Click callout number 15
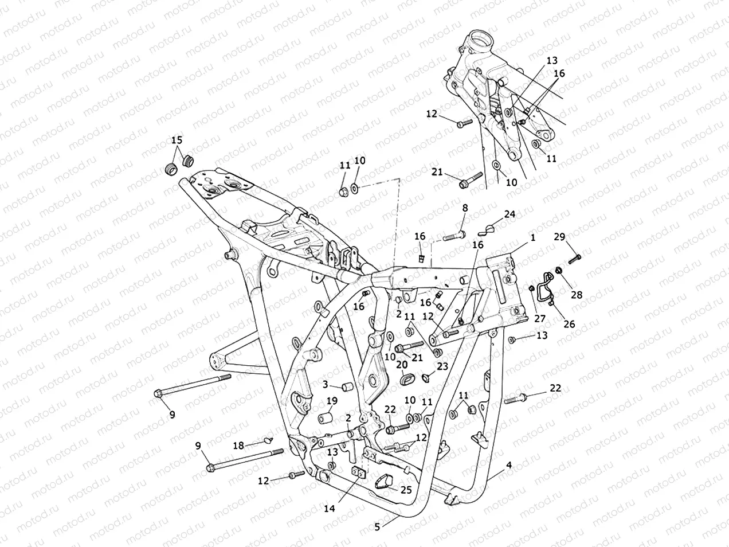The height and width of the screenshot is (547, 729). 177,140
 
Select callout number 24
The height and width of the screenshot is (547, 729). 509,214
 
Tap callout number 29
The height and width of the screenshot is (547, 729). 559,236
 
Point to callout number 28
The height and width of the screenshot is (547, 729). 577,295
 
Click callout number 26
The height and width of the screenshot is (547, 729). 569,324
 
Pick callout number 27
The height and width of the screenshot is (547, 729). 541,319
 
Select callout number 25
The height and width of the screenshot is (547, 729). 406,490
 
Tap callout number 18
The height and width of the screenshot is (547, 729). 238,445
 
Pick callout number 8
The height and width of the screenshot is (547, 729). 465,208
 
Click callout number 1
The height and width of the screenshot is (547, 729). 532,236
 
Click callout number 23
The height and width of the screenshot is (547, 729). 442,366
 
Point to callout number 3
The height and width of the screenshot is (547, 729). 324,384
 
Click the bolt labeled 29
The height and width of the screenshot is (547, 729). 575,256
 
